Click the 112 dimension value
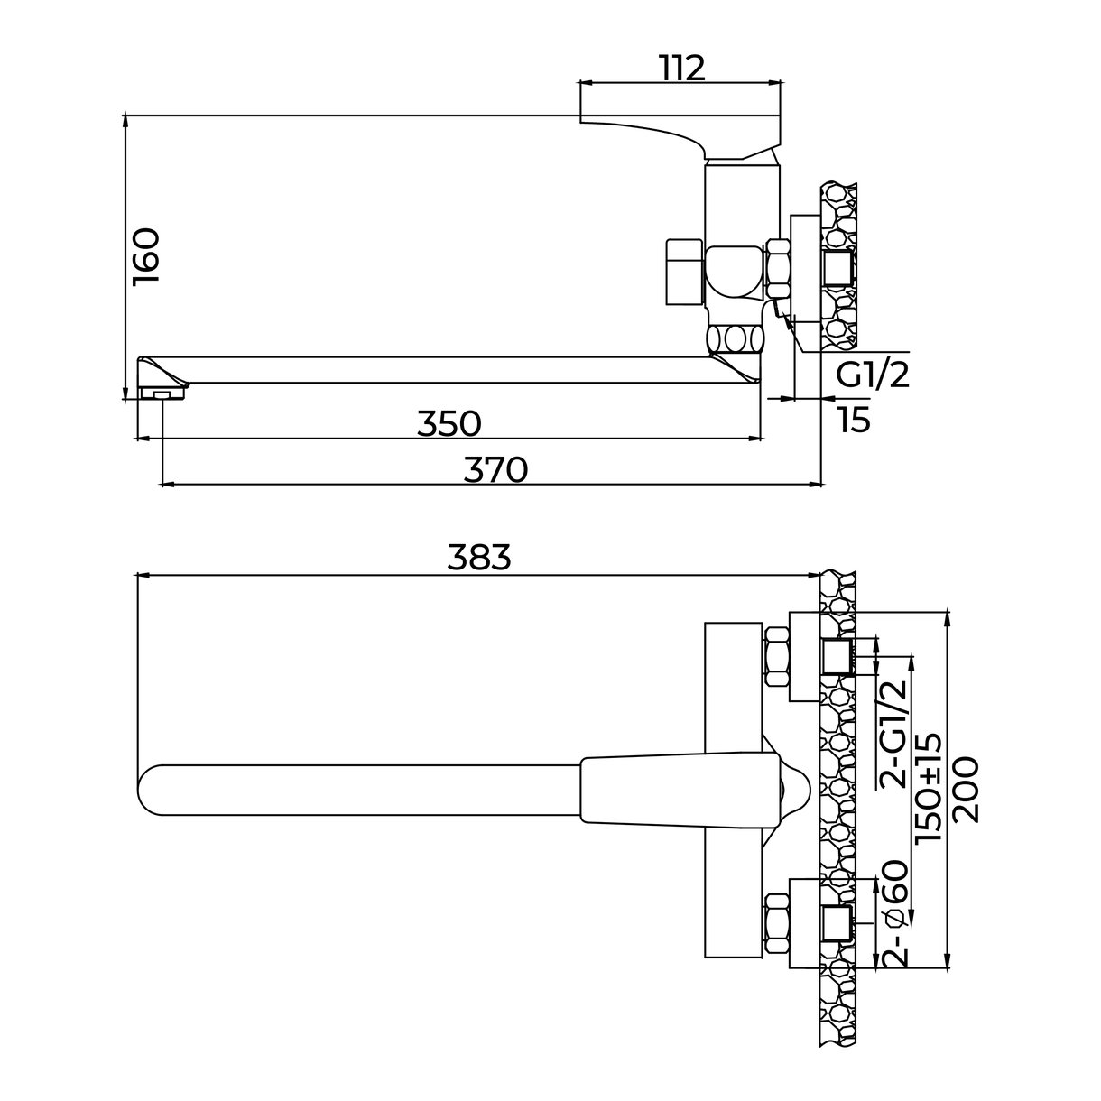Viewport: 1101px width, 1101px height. point(683,69)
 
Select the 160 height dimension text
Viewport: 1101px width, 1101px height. point(145,257)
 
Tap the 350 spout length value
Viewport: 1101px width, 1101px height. point(449,423)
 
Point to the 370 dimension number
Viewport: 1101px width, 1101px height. point(495,469)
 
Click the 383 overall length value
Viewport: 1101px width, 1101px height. point(479,557)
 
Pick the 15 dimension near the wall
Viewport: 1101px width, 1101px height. point(854,420)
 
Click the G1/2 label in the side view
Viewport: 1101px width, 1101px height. point(873,375)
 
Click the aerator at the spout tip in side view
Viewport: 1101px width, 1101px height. point(162,393)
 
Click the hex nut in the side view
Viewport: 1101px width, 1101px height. point(777,269)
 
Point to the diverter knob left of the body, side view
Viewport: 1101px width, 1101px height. point(684,272)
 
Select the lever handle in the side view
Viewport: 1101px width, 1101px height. point(680,136)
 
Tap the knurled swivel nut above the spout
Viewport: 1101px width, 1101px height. point(736,340)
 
